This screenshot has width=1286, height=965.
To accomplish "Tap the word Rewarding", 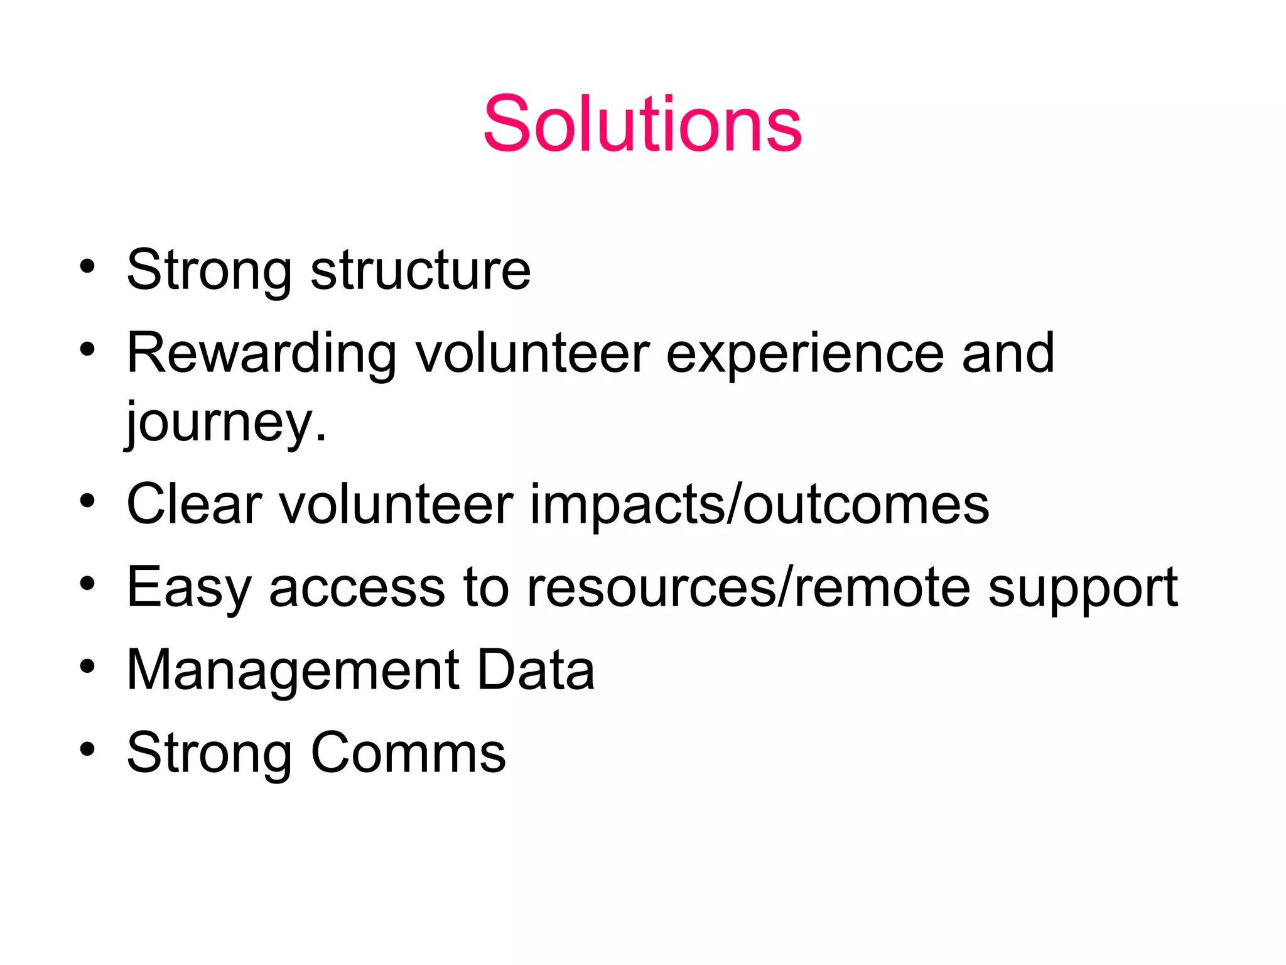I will click(x=262, y=354).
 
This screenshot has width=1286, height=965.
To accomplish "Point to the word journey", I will click(x=226, y=422).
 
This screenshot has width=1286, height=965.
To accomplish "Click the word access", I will click(x=357, y=588).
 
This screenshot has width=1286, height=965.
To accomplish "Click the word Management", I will click(x=293, y=670).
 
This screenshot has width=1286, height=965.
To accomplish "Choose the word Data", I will click(x=536, y=670).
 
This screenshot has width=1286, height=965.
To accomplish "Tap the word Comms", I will click(x=408, y=753).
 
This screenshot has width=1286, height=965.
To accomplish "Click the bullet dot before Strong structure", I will click(x=87, y=266).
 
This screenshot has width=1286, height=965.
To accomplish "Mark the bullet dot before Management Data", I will click(x=87, y=666).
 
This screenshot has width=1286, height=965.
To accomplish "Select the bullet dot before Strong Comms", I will click(x=87, y=749).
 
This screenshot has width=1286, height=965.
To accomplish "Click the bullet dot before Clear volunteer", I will click(x=87, y=501).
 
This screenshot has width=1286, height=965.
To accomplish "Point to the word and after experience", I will click(x=1008, y=354).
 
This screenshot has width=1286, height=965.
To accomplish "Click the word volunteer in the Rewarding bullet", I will click(x=532, y=354).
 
